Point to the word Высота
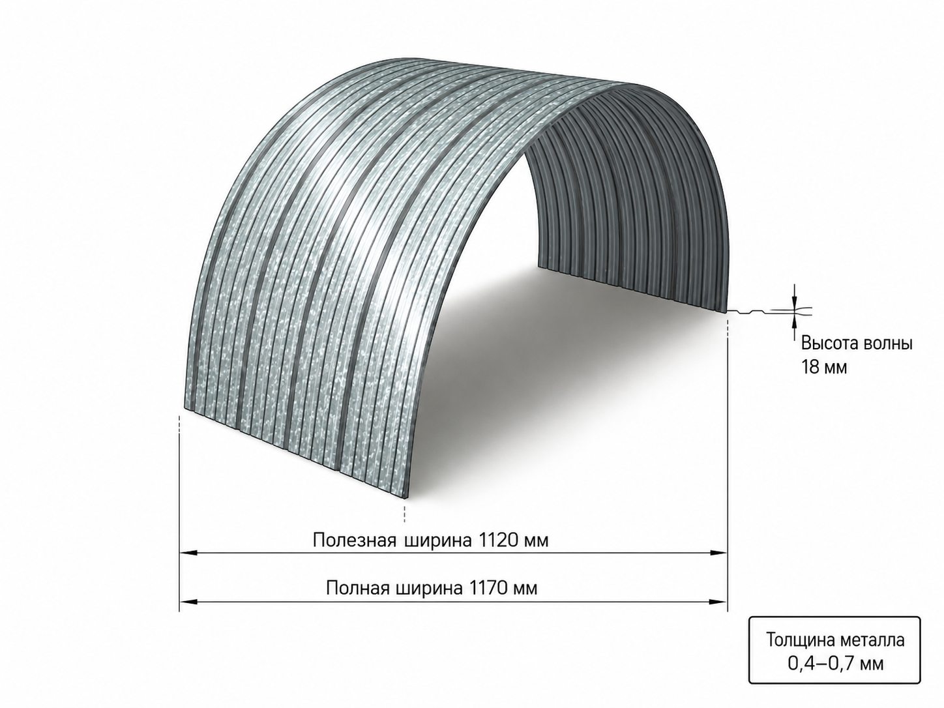(825, 344)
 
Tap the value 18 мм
(823, 367)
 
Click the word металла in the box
(873, 653)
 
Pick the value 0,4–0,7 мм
(836, 676)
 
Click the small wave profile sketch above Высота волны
(770, 311)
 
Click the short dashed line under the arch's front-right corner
(404, 513)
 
